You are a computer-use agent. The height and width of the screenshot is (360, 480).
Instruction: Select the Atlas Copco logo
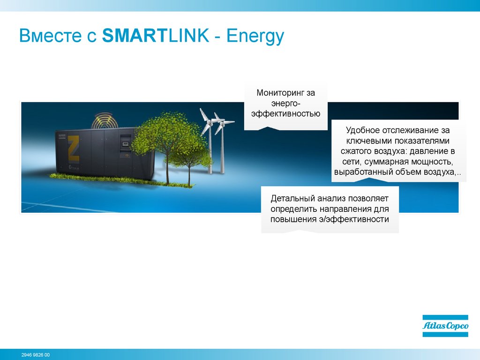point(445,326)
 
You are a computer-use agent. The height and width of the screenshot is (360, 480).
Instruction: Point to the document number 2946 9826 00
point(36,355)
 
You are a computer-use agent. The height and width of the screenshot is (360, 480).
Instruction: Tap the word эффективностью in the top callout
point(285,113)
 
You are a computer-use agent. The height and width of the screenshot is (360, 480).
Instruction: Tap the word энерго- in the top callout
point(285,103)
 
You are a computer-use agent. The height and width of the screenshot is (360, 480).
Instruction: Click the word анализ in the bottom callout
point(331,198)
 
